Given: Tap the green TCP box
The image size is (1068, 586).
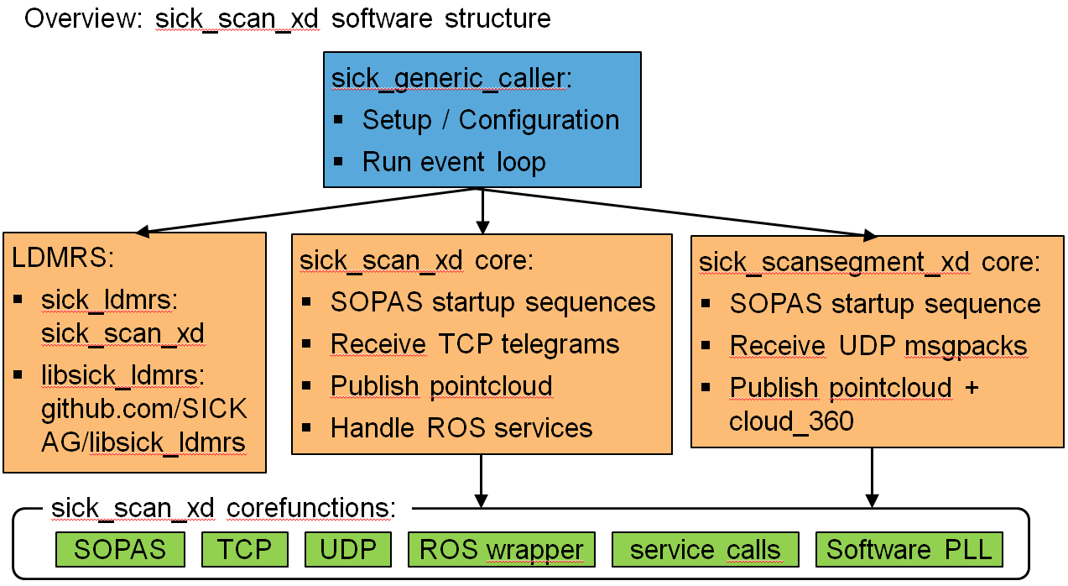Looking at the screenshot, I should (245, 550).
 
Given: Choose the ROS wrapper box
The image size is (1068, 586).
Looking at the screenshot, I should (502, 550).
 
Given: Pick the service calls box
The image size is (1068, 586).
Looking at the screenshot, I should (705, 550).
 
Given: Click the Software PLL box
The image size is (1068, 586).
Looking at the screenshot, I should (909, 550).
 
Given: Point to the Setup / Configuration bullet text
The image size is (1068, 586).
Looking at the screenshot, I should (491, 120).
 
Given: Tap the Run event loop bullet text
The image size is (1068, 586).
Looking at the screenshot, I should (454, 161).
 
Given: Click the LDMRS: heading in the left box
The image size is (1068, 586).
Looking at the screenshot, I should (61, 259).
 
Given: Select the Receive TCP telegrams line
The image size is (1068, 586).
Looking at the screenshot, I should (475, 343).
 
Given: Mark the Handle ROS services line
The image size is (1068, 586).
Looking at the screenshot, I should (461, 427).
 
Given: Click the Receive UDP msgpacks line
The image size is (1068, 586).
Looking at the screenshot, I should (878, 345).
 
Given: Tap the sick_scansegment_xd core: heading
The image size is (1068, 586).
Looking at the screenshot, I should (869, 262).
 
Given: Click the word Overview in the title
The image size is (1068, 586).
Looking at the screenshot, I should (81, 18).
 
